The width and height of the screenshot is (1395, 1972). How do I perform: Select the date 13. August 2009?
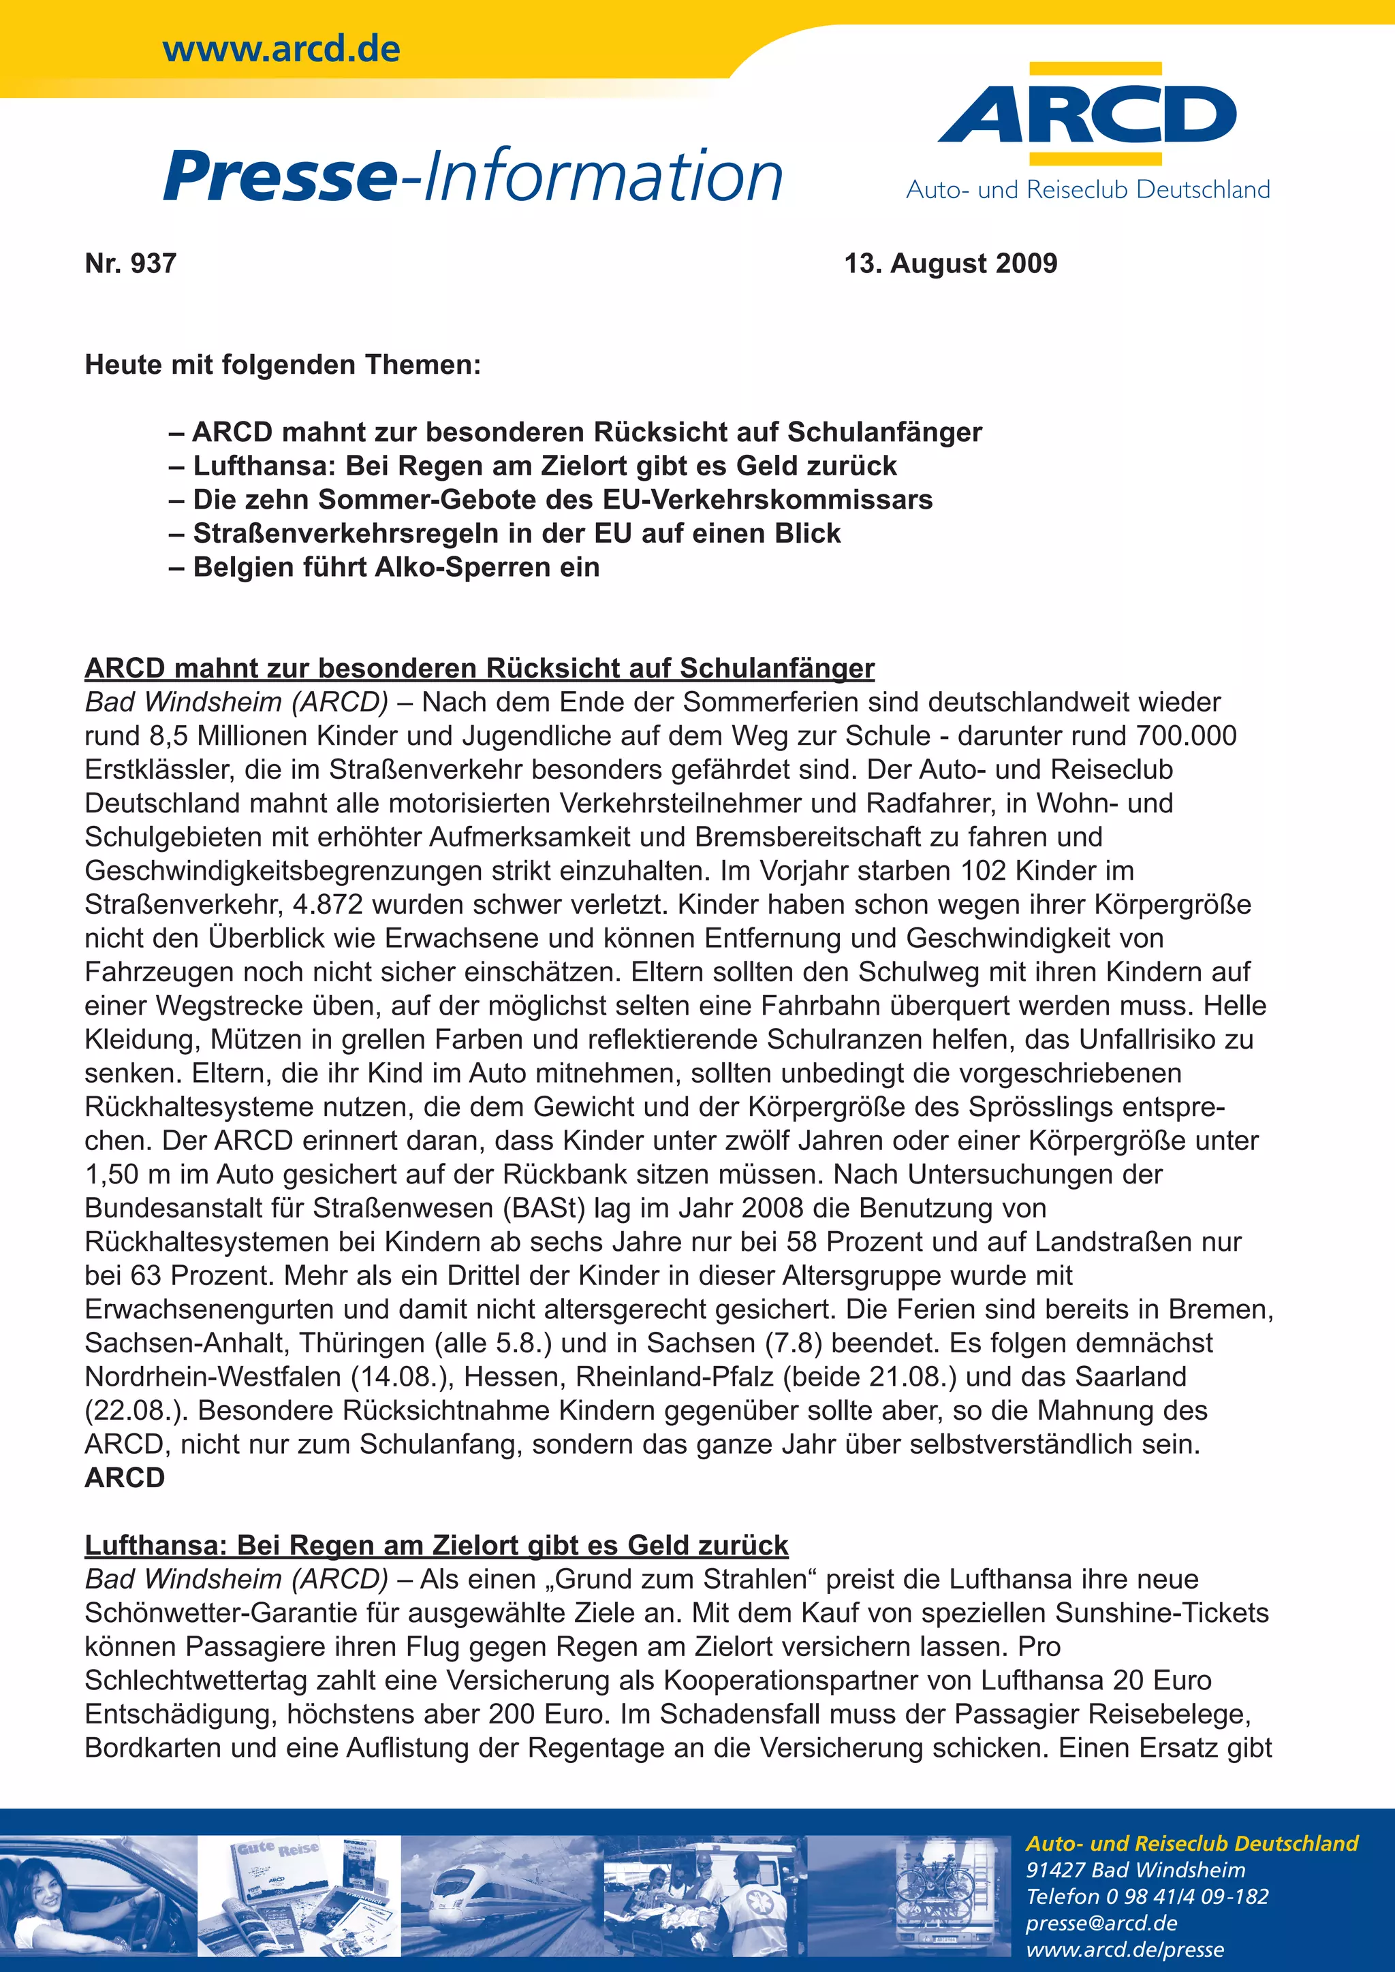(x=950, y=263)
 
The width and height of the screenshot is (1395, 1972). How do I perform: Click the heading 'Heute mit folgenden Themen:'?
(x=283, y=364)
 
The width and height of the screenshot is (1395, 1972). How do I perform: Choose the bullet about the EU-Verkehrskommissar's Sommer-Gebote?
(x=562, y=499)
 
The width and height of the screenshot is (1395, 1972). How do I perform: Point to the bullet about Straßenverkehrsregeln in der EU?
(x=516, y=533)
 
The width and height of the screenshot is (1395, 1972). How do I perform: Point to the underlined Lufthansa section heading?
(x=437, y=1545)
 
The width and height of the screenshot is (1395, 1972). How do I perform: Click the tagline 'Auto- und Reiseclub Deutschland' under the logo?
(x=1088, y=190)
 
